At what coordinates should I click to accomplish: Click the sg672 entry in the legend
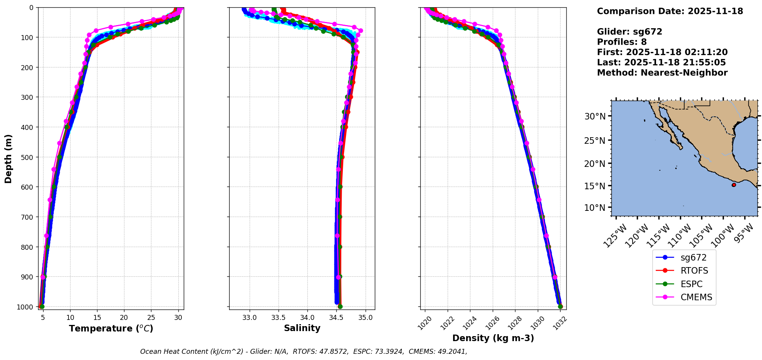(x=693, y=257)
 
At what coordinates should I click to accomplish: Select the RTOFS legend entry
(x=694, y=271)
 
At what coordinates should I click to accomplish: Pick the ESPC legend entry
(x=692, y=284)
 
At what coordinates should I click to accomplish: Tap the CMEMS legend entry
(x=696, y=297)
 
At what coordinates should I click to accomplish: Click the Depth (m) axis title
(x=8, y=158)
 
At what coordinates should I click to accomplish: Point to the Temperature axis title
(x=111, y=328)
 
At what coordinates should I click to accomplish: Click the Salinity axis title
(x=302, y=328)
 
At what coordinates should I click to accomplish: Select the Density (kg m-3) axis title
(x=493, y=338)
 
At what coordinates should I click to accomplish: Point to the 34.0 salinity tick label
(x=307, y=318)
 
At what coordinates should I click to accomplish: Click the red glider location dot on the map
(x=734, y=185)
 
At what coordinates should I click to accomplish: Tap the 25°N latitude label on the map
(x=595, y=141)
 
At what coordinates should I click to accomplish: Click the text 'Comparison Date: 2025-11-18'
(x=670, y=11)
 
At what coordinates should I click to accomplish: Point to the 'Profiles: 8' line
(x=622, y=42)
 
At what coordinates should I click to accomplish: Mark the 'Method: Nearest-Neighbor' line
(x=662, y=73)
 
